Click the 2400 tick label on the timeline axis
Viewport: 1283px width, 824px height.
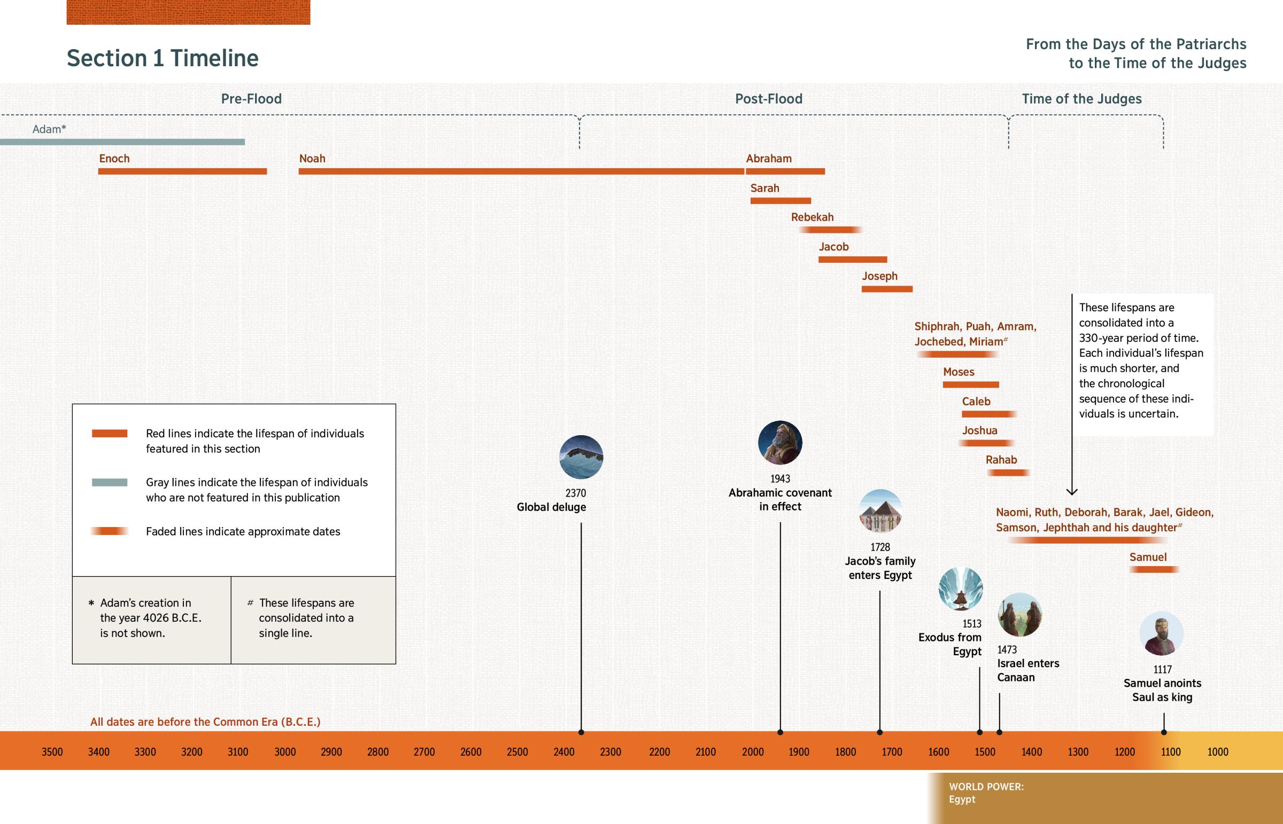coord(564,752)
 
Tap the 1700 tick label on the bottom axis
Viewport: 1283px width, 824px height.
coord(892,752)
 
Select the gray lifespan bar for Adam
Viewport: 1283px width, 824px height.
coord(122,142)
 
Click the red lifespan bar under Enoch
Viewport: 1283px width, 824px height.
coord(182,171)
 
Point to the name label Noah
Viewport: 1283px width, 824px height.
coord(312,159)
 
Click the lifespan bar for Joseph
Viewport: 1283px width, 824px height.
coord(887,289)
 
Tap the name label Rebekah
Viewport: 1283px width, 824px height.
coord(813,217)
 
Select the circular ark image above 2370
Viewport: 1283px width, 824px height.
coord(581,457)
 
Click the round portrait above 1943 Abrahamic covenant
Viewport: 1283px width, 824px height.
coord(779,443)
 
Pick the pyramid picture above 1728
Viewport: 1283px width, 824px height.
coord(880,511)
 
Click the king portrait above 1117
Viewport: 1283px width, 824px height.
coord(1161,633)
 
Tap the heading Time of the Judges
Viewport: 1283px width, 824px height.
coord(1081,99)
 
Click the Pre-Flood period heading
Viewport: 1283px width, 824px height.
coord(251,99)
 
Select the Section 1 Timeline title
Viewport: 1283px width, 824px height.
coord(163,58)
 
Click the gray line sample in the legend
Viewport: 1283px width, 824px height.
coord(109,483)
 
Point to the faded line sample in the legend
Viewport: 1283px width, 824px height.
coord(109,531)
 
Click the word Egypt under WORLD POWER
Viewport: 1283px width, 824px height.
coord(962,799)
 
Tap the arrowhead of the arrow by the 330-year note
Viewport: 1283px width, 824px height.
coord(1071,491)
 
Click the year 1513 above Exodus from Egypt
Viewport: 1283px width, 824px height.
coord(971,624)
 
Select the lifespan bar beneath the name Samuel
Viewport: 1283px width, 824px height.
coord(1154,569)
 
